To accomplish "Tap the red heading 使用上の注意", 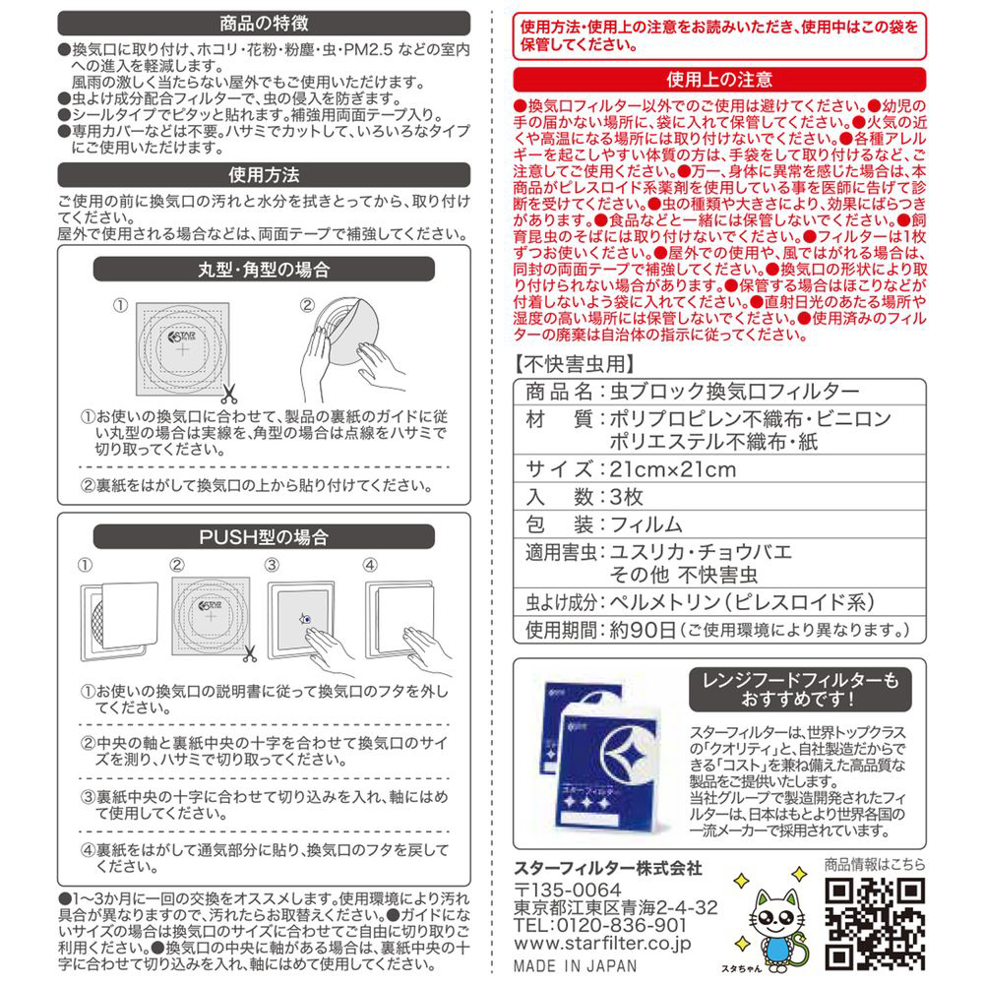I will tap(719, 79).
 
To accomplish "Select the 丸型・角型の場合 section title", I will tap(263, 269).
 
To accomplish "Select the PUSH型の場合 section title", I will tap(263, 537).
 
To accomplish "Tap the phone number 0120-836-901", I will tap(631, 925).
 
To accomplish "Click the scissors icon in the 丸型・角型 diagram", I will tap(228, 395).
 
